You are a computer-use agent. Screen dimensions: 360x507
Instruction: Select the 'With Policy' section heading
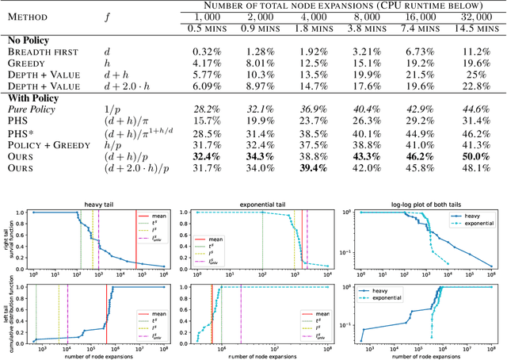point(33,96)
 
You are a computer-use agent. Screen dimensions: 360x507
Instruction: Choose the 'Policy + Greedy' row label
point(44,145)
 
